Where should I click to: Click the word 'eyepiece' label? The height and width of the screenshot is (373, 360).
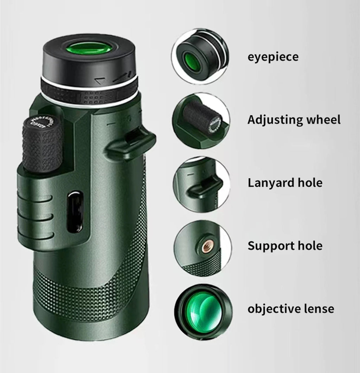pyautogui.click(x=273, y=57)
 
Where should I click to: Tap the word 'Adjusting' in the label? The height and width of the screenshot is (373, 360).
pyautogui.click(x=270, y=120)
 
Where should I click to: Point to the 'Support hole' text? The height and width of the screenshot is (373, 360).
pyautogui.click(x=285, y=246)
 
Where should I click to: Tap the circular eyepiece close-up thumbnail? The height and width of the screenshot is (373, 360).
pyautogui.click(x=200, y=57)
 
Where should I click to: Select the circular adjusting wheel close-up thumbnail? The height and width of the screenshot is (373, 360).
pyautogui.click(x=201, y=120)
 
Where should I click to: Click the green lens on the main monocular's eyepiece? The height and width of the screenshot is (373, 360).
pyautogui.click(x=90, y=48)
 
